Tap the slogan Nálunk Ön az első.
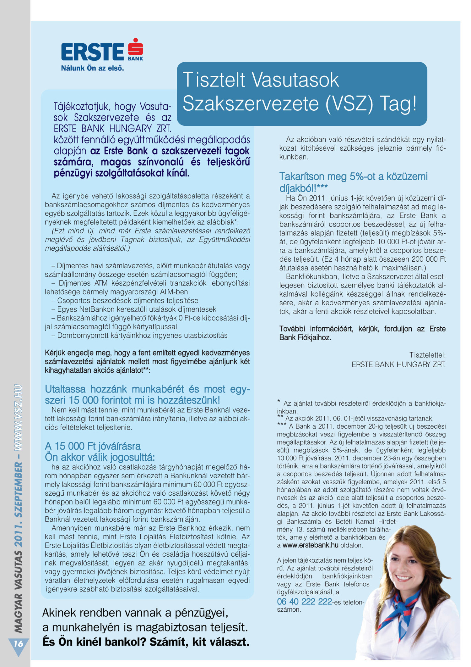[92, 68]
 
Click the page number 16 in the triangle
[18, 644]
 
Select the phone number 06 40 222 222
[304, 602]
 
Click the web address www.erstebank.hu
[310, 545]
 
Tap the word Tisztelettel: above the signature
[427, 355]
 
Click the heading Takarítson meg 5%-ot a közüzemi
[353, 176]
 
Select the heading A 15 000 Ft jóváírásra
[93, 446]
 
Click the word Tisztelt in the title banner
[214, 80]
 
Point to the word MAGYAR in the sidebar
[18, 613]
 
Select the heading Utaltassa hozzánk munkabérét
[147, 389]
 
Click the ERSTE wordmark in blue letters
[92, 52]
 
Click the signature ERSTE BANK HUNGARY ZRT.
[398, 364]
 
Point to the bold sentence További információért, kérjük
[362, 329]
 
